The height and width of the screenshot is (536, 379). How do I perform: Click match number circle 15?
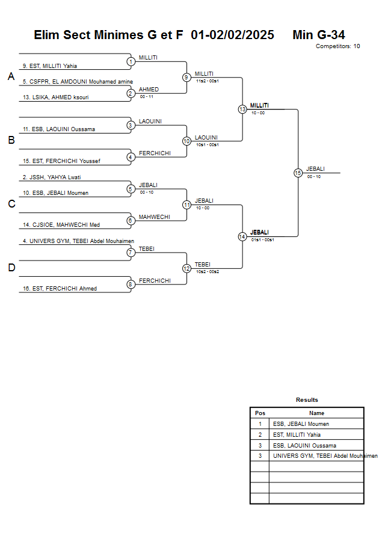click(x=298, y=173)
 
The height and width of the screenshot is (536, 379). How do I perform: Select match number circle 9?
click(x=186, y=77)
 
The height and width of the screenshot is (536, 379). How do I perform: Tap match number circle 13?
click(x=242, y=109)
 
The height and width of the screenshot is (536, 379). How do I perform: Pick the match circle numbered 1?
click(x=131, y=61)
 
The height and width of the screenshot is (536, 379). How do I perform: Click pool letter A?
click(x=11, y=76)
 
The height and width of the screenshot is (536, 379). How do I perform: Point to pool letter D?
click(x=11, y=268)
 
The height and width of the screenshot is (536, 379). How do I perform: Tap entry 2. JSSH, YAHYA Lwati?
click(x=52, y=177)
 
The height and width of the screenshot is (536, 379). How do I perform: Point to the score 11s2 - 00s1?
click(x=207, y=81)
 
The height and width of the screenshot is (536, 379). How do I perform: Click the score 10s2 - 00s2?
click(x=207, y=272)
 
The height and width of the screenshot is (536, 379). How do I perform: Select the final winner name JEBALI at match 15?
click(x=316, y=169)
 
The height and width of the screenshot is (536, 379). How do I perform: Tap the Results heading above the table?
click(x=307, y=400)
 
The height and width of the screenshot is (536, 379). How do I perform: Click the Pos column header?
click(x=260, y=413)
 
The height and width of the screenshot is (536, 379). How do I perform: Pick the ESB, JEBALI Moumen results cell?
click(x=301, y=424)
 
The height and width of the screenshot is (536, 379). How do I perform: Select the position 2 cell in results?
click(x=260, y=434)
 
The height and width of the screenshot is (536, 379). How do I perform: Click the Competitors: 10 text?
click(x=337, y=46)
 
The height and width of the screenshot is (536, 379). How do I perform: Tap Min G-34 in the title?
click(x=318, y=35)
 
